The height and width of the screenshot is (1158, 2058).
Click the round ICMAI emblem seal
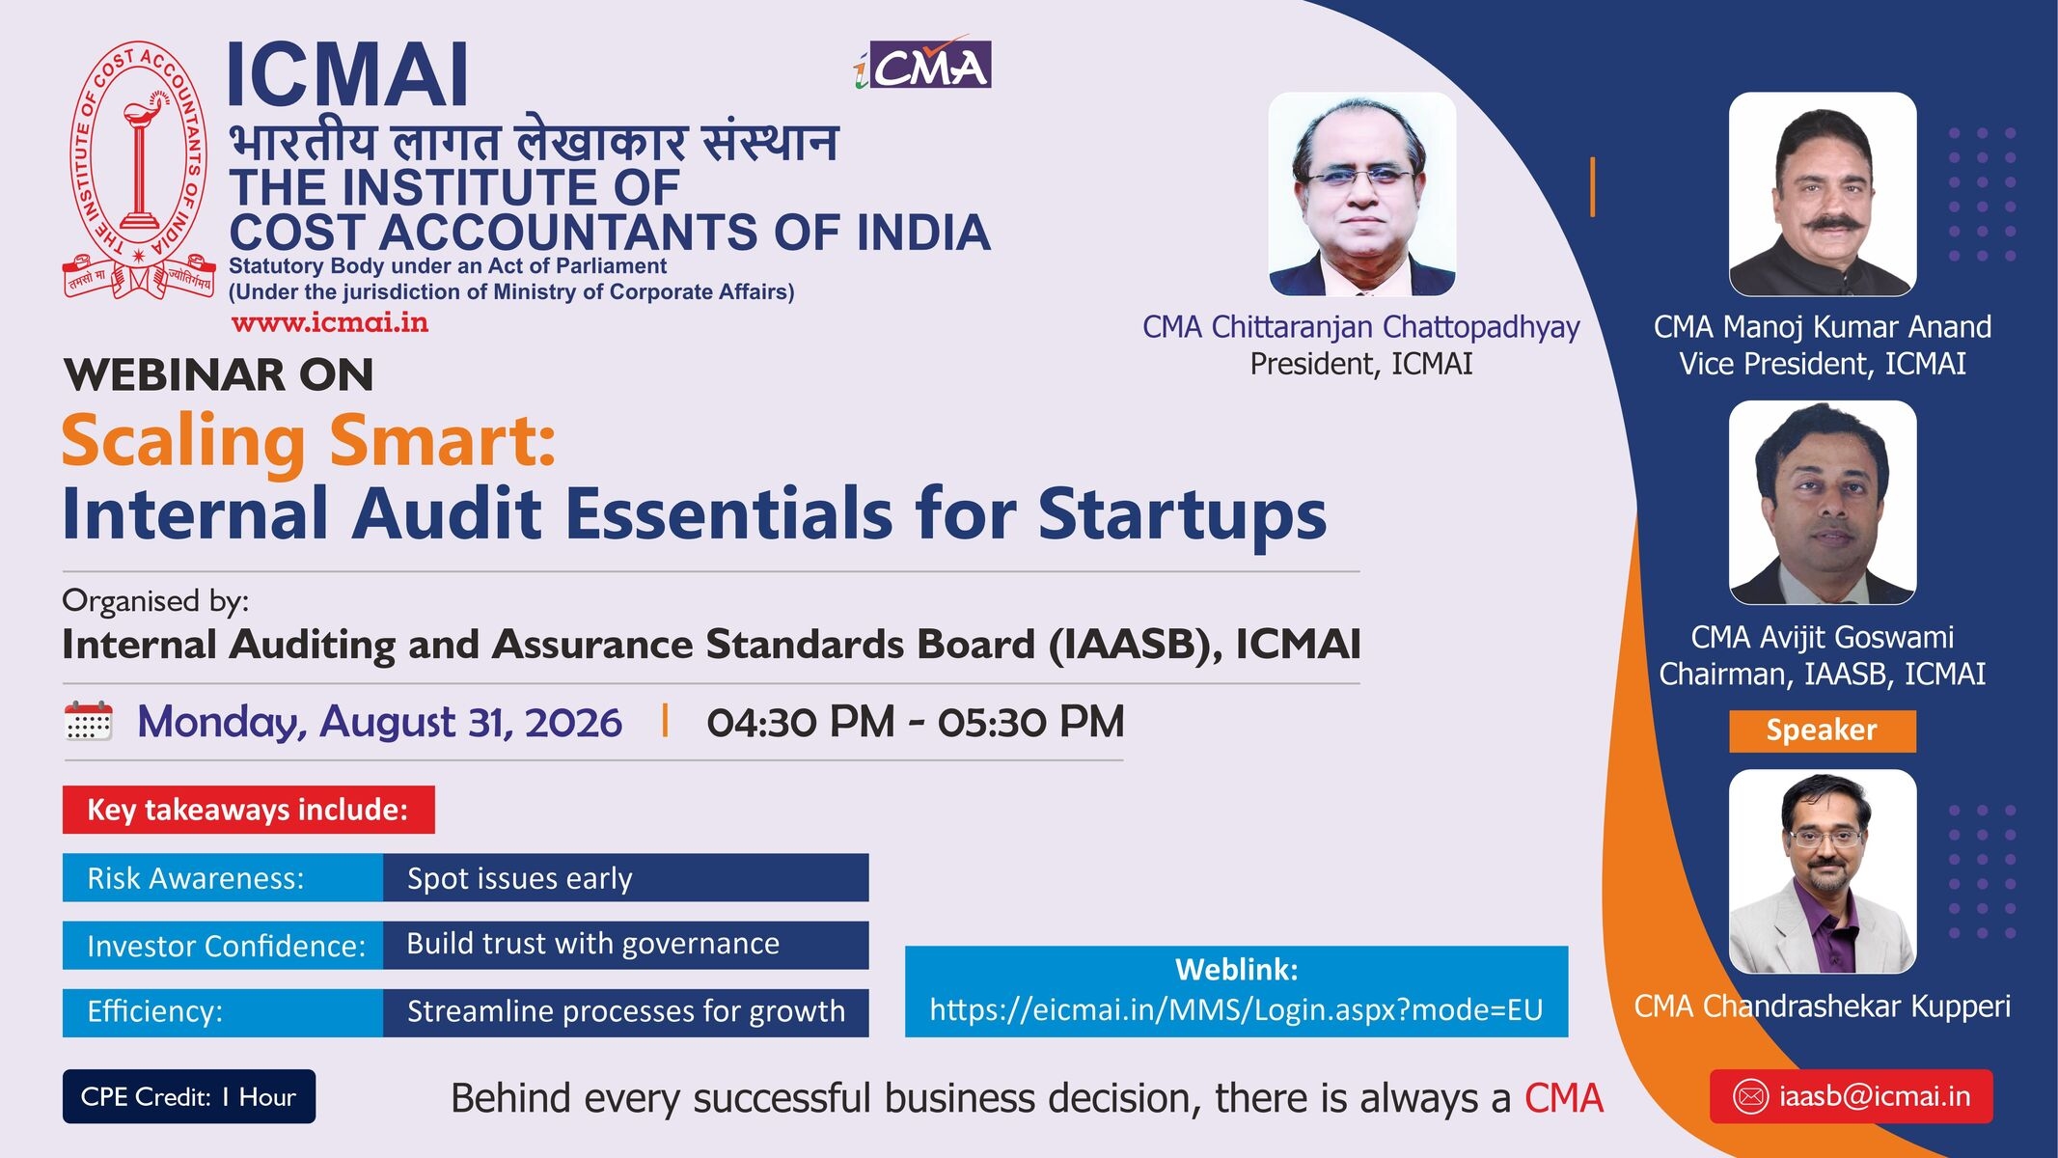point(139,170)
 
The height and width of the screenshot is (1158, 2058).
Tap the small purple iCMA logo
point(923,64)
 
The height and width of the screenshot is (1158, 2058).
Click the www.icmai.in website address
point(330,323)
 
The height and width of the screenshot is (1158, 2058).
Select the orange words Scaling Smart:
point(309,442)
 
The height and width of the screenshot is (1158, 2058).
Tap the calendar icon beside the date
point(88,722)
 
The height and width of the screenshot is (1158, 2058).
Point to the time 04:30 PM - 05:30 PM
point(916,722)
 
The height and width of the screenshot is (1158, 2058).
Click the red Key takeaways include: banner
point(249,810)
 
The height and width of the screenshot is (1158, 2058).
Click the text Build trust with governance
point(592,944)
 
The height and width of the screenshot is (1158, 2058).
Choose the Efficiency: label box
point(223,1012)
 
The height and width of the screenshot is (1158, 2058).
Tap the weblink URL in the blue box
point(1236,1009)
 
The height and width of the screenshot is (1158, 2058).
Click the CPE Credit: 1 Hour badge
point(189,1096)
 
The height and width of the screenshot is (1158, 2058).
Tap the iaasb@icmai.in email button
point(1851,1096)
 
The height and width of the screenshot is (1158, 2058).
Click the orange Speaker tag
point(1822,731)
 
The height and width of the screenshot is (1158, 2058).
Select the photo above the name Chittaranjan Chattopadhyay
point(1361,194)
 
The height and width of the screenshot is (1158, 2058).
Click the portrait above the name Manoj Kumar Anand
point(1823,194)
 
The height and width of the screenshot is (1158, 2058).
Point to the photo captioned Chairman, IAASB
point(1823,503)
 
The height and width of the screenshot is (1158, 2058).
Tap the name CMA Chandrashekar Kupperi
point(1822,1006)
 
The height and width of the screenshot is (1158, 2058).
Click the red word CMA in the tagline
point(1563,1098)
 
